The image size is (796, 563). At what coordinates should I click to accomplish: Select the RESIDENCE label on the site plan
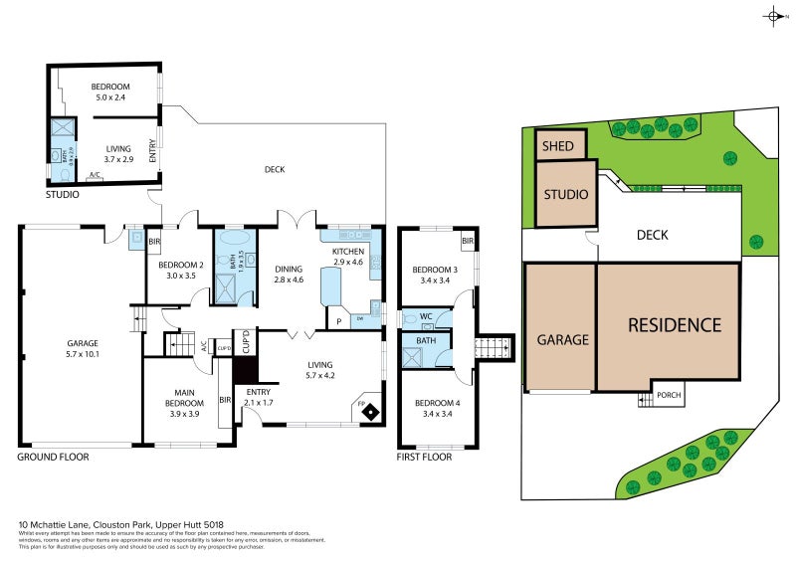coord(674,324)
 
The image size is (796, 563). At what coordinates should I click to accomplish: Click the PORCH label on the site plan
coord(670,395)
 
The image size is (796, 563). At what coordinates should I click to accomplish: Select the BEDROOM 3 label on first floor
coord(435,270)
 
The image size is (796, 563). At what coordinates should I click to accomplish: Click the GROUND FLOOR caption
coord(53,458)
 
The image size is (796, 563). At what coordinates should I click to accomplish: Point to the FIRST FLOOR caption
coord(424,458)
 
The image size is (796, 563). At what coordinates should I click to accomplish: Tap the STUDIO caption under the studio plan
coord(62,195)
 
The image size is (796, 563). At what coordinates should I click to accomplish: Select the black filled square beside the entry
coord(245,369)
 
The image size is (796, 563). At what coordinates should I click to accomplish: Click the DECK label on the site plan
coord(652,236)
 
